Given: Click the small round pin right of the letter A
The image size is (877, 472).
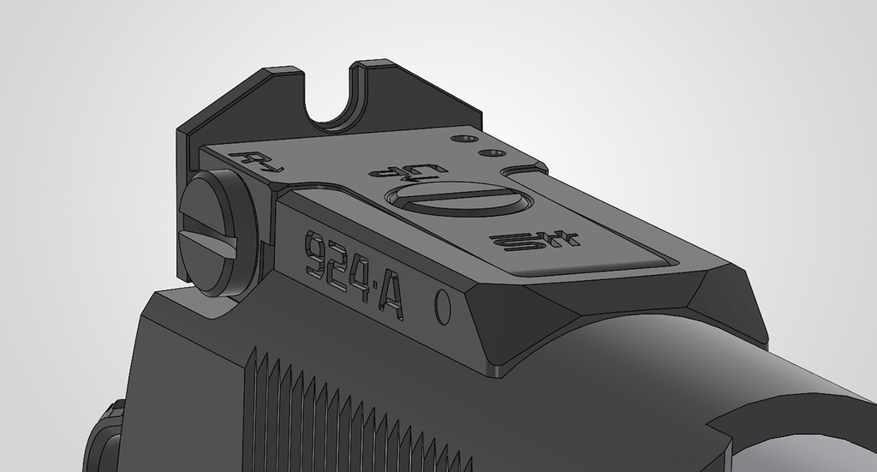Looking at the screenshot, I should click(443, 306).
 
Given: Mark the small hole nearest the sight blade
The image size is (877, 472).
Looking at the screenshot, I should click(466, 138).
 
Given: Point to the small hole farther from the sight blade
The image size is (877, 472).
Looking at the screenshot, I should click(492, 153).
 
